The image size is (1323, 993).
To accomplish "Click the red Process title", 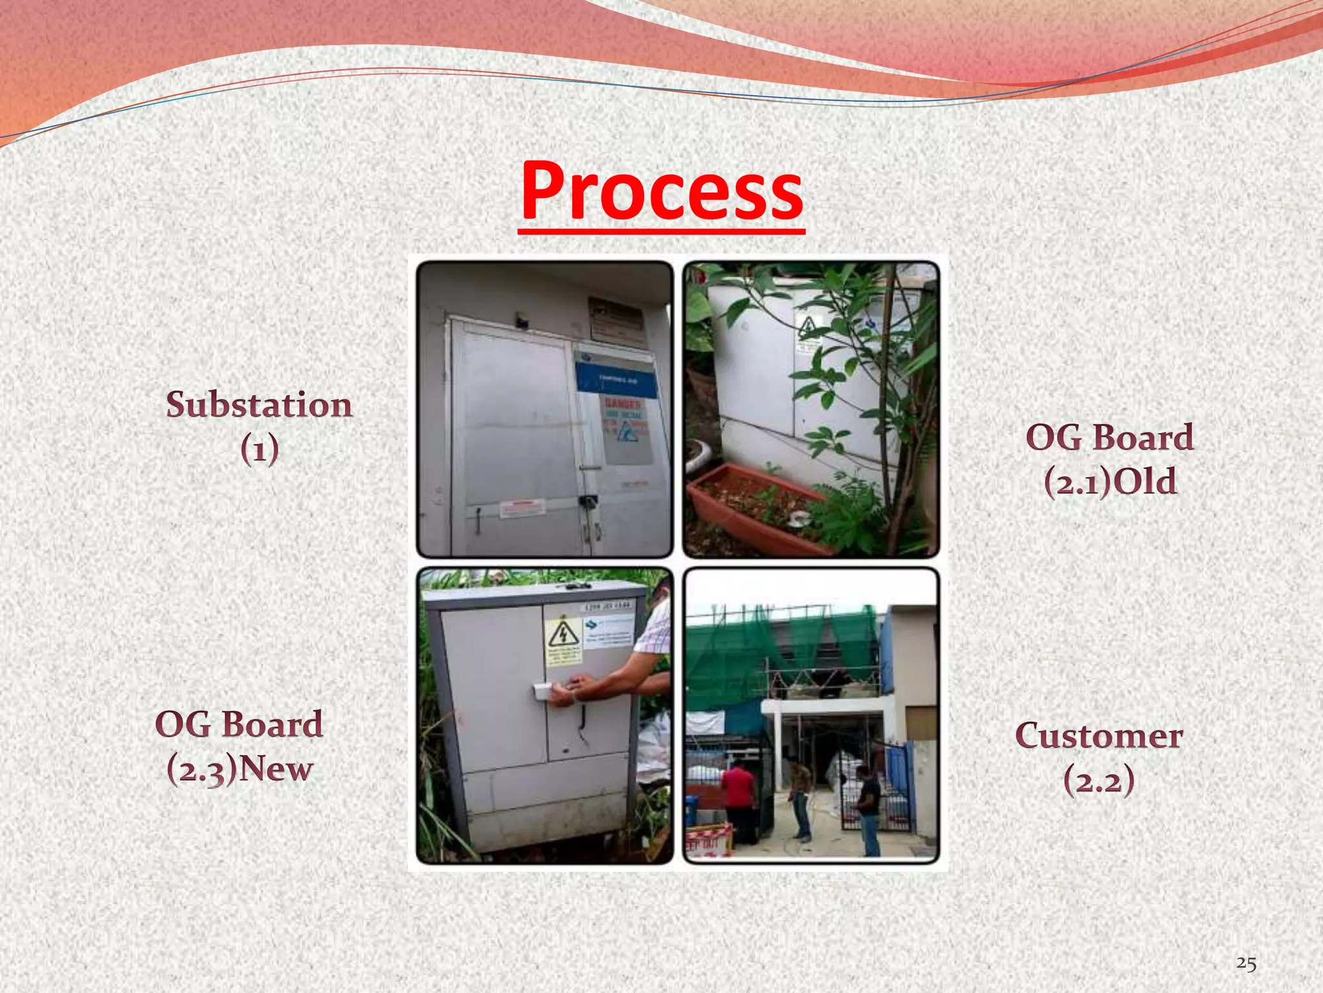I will point(662,191).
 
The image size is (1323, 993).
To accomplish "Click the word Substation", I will point(259,405).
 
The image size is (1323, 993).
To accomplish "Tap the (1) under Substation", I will point(260,449).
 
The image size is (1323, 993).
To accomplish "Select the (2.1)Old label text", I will point(1110,482).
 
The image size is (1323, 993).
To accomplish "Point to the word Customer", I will point(1099,736).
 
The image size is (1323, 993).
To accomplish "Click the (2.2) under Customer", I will point(1098,780).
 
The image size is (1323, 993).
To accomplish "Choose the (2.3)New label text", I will point(240,769).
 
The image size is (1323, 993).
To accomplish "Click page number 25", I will point(1246,963).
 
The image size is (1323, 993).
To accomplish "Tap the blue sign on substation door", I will point(616,379).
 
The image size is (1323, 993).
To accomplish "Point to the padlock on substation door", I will point(588,501).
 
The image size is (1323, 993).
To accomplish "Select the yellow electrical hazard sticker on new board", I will point(563,640).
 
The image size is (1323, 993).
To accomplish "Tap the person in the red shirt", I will point(738,795).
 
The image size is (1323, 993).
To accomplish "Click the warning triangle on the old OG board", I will point(807,327).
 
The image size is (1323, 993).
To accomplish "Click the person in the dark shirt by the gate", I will point(867,808).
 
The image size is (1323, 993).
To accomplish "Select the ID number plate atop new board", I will point(607,607).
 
